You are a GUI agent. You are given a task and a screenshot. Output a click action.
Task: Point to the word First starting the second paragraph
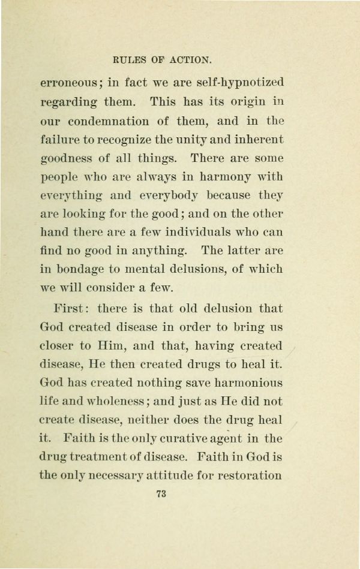(70, 309)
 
